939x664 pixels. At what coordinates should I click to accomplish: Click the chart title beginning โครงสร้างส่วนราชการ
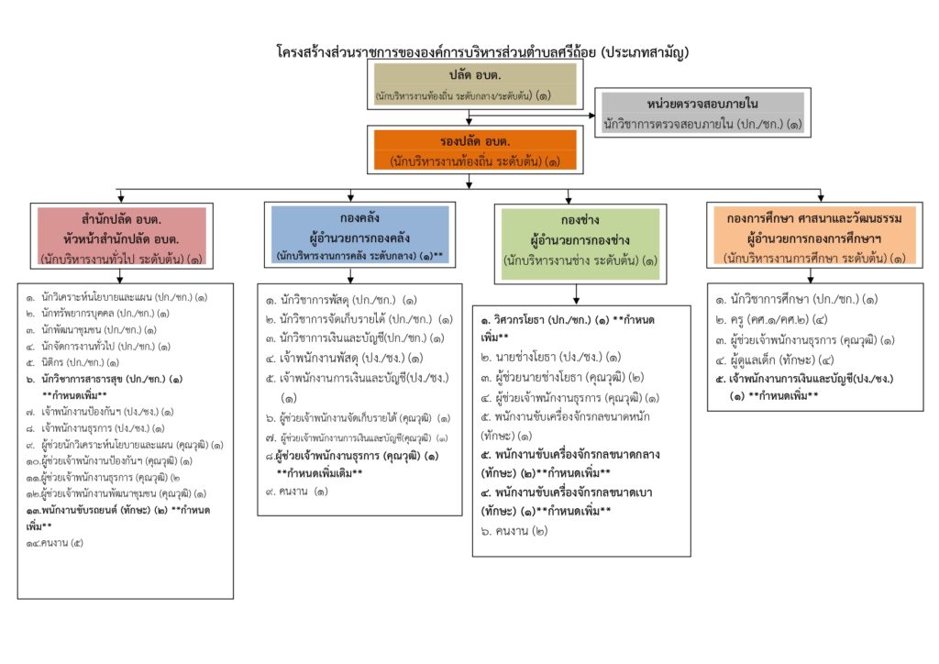(x=482, y=52)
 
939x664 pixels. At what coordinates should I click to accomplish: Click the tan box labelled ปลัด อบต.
(x=474, y=83)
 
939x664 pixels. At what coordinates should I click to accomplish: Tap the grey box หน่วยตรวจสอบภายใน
(x=701, y=112)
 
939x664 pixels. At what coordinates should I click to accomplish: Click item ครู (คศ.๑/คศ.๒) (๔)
(x=776, y=319)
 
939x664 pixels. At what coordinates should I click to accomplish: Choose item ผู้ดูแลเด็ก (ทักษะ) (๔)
(x=776, y=359)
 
